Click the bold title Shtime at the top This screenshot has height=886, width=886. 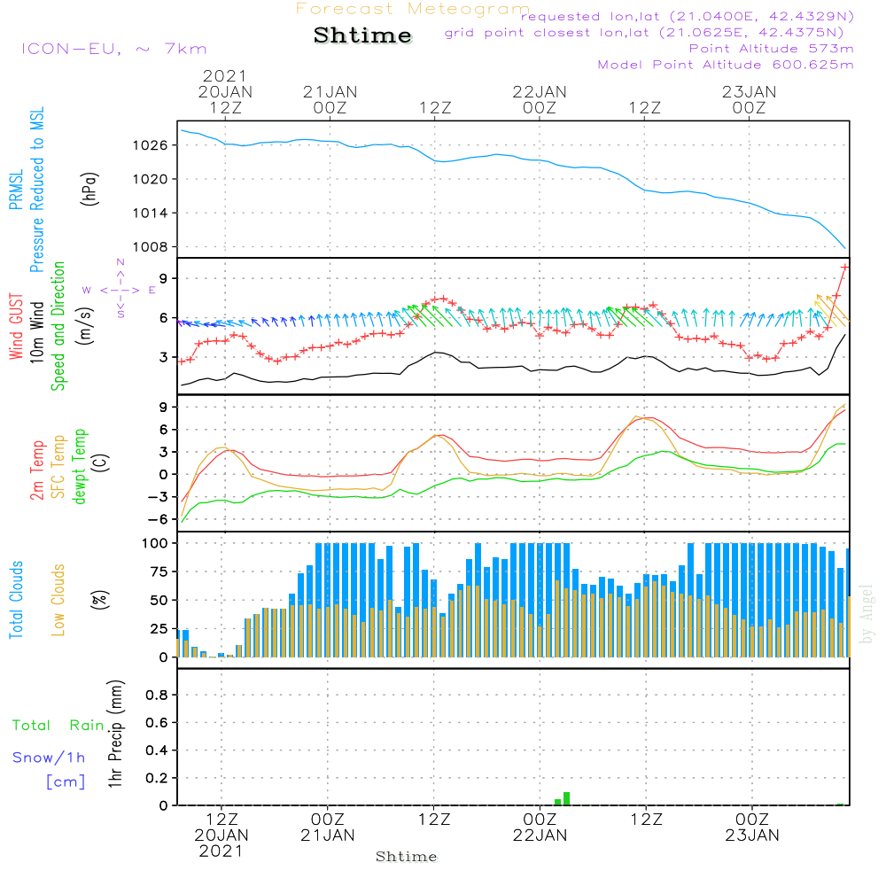point(362,35)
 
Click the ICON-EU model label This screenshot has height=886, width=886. point(113,49)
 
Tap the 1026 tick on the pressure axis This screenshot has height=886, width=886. point(151,146)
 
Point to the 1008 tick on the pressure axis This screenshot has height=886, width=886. point(151,247)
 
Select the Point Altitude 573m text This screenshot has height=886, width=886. point(772,49)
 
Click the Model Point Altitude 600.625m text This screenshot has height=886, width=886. point(726,65)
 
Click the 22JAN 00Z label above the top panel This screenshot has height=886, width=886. point(539,99)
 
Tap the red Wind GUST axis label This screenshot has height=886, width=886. point(16,327)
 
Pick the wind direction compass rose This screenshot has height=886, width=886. point(120,290)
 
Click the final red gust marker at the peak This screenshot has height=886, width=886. point(844,267)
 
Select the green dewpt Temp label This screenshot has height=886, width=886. point(80,466)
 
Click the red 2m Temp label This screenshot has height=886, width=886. point(37,470)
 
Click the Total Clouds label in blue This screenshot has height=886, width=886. point(16,600)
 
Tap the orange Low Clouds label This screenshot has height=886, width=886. point(58,600)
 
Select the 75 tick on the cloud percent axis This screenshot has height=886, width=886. point(159,571)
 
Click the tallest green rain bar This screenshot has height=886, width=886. point(566,799)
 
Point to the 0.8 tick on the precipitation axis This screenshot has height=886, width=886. point(157,695)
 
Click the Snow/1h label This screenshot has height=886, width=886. point(49,758)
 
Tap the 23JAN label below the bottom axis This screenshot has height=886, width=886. point(752,835)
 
